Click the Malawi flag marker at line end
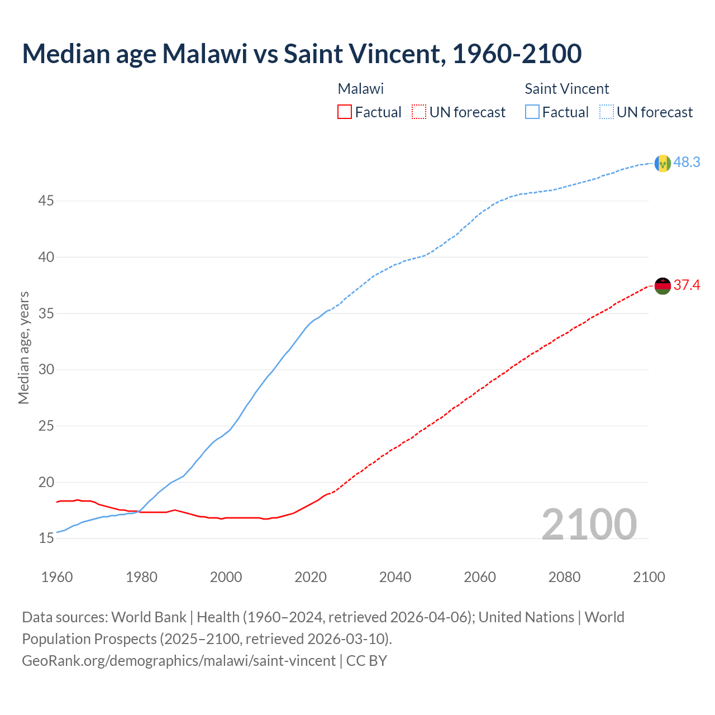(x=662, y=286)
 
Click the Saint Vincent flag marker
(x=662, y=163)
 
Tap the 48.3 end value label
(x=687, y=163)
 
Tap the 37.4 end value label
(x=687, y=285)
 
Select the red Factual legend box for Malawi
(x=345, y=112)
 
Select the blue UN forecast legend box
(x=607, y=112)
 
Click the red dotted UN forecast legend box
(x=419, y=112)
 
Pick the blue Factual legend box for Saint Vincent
(x=532, y=112)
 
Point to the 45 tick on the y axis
(x=46, y=201)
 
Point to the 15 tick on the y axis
(x=46, y=538)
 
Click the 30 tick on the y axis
(x=46, y=370)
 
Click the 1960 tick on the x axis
(x=57, y=577)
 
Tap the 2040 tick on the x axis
(x=395, y=577)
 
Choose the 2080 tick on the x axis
(x=564, y=577)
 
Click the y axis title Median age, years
(x=23, y=347)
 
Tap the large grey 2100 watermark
(x=589, y=524)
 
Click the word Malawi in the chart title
(x=204, y=54)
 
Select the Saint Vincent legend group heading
(x=566, y=89)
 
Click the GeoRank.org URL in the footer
(x=179, y=660)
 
